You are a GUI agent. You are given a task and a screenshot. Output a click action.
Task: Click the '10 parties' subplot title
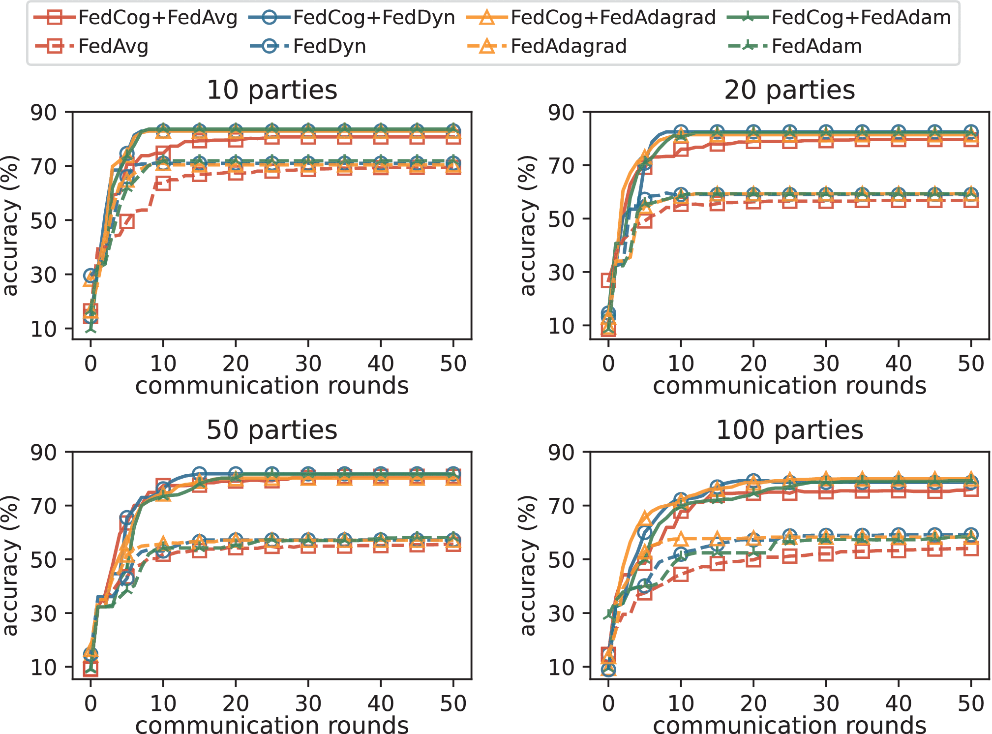pyautogui.click(x=272, y=90)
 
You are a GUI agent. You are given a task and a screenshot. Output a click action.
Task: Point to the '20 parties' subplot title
pyautogui.click(x=789, y=90)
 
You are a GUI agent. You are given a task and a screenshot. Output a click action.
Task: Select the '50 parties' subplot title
pyautogui.click(x=272, y=430)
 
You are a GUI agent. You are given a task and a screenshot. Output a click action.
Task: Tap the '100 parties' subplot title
pyautogui.click(x=789, y=430)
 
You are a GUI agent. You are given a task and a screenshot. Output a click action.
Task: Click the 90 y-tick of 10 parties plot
pyautogui.click(x=44, y=113)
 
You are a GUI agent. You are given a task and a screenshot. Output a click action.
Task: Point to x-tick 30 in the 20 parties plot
pyautogui.click(x=826, y=364)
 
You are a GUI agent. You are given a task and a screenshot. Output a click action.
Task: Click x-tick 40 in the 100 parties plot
pyautogui.click(x=898, y=704)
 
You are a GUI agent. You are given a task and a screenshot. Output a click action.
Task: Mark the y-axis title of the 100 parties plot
pyautogui.click(x=527, y=565)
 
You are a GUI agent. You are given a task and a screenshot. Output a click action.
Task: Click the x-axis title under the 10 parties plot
pyautogui.click(x=272, y=386)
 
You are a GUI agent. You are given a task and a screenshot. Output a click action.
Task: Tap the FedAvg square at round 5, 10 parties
pyautogui.click(x=126, y=221)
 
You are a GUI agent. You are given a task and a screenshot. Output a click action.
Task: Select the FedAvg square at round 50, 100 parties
pyautogui.click(x=970, y=549)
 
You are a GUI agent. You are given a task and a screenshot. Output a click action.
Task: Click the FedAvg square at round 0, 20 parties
pyautogui.click(x=608, y=280)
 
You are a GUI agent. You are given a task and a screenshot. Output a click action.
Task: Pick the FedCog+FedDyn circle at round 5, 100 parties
pyautogui.click(x=645, y=532)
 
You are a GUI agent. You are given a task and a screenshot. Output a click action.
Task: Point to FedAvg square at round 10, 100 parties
pyautogui.click(x=681, y=574)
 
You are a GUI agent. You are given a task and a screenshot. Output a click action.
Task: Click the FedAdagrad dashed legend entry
pyautogui.click(x=569, y=47)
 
